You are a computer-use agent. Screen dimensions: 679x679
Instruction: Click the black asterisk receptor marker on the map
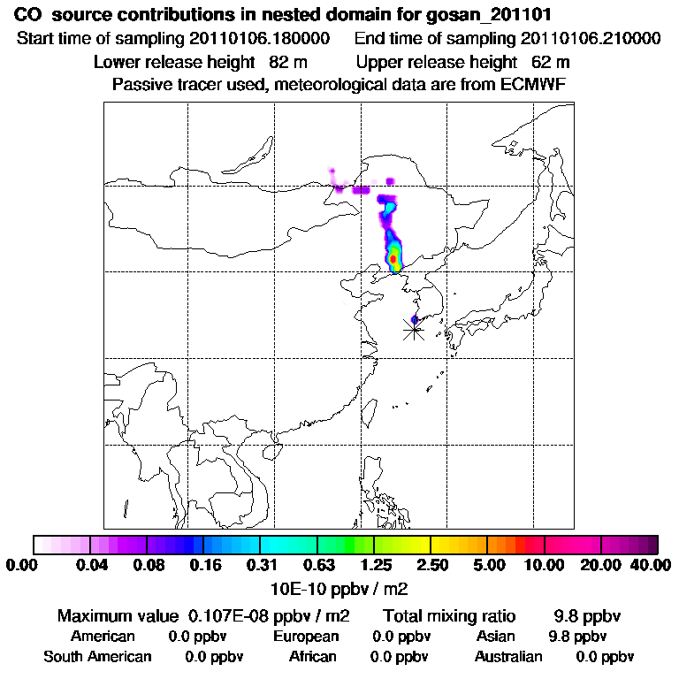pyautogui.click(x=414, y=330)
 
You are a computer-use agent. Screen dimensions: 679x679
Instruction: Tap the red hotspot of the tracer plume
pyautogui.click(x=393, y=258)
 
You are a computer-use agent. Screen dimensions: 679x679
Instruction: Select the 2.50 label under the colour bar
pyautogui.click(x=431, y=565)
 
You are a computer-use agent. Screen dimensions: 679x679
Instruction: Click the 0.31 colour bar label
pyautogui.click(x=260, y=565)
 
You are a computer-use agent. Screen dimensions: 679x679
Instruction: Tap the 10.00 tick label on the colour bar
pyautogui.click(x=545, y=565)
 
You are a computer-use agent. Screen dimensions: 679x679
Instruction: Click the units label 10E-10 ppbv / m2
pyautogui.click(x=339, y=588)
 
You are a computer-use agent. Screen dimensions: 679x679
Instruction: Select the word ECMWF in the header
pyautogui.click(x=535, y=85)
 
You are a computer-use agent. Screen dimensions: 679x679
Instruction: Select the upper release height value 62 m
pyautogui.click(x=551, y=62)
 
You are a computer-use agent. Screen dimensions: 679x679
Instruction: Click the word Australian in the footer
pyautogui.click(x=508, y=657)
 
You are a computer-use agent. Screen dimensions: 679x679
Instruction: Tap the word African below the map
pyautogui.click(x=313, y=657)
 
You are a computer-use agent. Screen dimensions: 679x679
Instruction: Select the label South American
pyautogui.click(x=98, y=657)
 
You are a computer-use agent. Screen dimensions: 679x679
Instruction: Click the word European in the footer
pyautogui.click(x=306, y=637)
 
